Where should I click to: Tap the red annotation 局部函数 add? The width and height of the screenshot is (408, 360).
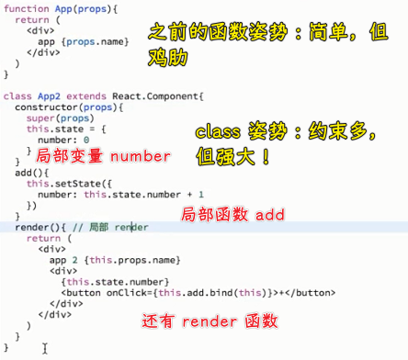pyautogui.click(x=227, y=213)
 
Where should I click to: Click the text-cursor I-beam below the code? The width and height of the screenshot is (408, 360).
pyautogui.click(x=43, y=349)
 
